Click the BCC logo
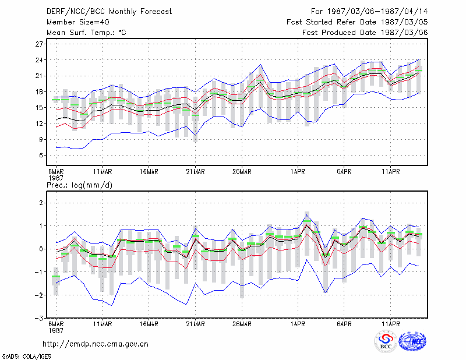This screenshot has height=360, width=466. click(386, 342)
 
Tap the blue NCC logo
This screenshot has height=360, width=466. click(412, 341)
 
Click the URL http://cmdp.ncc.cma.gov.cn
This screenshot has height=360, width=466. click(96, 344)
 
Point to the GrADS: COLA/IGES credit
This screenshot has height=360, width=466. click(26, 357)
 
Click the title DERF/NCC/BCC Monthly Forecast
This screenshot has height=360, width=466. click(109, 12)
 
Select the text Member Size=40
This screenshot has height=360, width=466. click(78, 22)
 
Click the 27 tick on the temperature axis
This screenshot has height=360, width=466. click(39, 44)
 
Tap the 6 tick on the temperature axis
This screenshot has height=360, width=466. click(41, 156)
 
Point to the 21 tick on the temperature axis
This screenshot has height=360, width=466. click(39, 76)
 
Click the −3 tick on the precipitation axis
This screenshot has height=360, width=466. click(38, 319)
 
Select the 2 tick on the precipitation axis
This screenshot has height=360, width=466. click(41, 203)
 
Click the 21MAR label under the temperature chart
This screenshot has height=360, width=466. click(195, 172)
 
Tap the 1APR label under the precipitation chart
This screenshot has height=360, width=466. click(298, 324)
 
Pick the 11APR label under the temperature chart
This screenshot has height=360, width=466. click(390, 172)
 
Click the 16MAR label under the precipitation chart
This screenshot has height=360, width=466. click(149, 324)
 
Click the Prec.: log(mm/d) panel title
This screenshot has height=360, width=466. click(79, 185)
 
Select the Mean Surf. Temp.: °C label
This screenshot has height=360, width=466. click(86, 33)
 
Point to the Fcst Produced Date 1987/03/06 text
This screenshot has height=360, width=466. click(365, 33)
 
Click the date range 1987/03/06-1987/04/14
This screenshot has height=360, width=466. click(377, 12)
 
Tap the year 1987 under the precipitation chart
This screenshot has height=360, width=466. click(56, 330)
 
